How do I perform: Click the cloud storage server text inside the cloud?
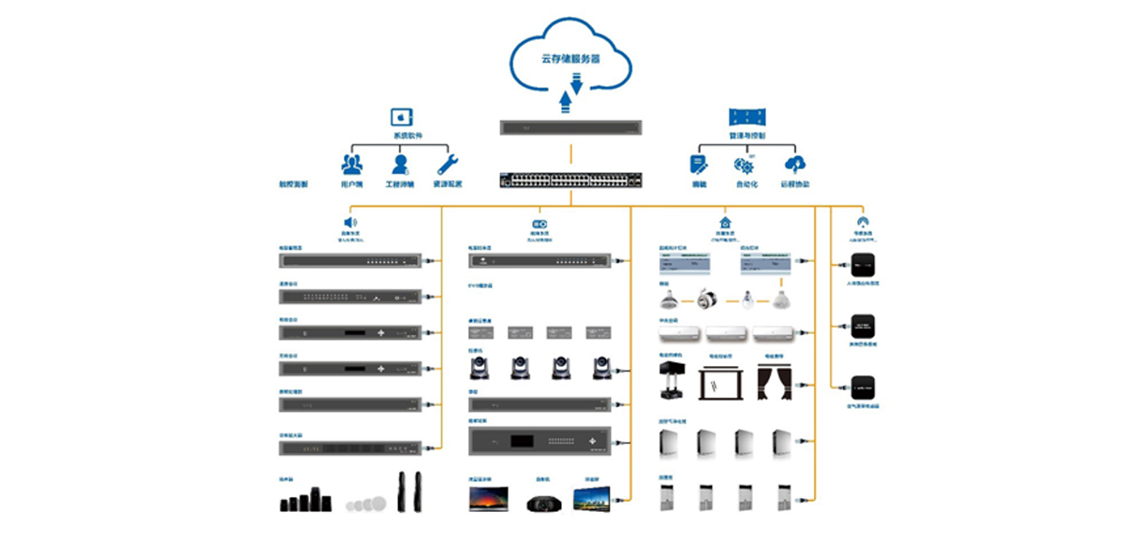tap(570, 59)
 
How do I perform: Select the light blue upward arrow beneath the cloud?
tap(565, 100)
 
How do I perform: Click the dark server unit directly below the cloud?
tap(571, 127)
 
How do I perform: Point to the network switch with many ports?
tap(571, 180)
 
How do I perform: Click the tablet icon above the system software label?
tap(402, 117)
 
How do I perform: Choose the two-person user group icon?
tap(352, 165)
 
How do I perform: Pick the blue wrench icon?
tap(448, 165)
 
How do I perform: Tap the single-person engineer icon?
tap(400, 165)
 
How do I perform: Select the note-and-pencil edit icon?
tap(698, 165)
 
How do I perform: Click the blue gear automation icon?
tap(746, 166)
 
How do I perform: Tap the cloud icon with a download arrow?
tap(795, 165)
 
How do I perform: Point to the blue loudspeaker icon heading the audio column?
tap(350, 223)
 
